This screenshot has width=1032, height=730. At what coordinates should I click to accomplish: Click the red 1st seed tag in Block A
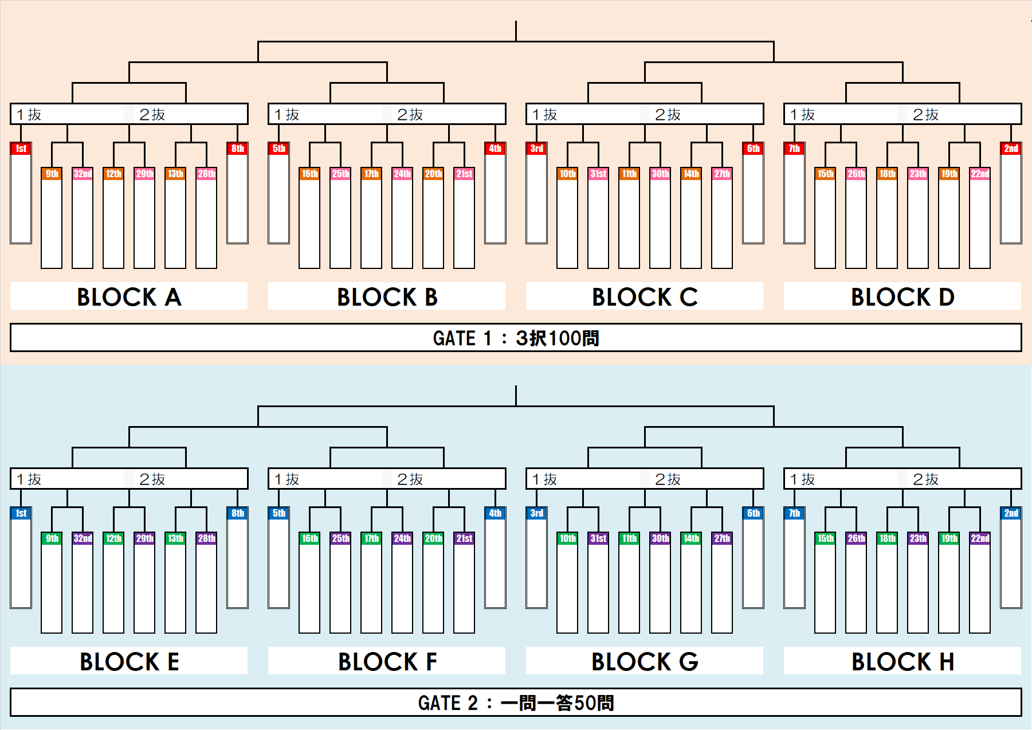[x=21, y=149]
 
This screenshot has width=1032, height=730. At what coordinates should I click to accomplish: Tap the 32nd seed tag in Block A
[x=83, y=174]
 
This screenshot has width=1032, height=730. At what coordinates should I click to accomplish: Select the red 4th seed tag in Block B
[x=495, y=149]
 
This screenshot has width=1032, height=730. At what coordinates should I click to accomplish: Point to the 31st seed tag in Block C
[x=598, y=174]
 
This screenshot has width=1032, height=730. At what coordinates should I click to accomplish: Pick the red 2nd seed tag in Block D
[x=1011, y=149]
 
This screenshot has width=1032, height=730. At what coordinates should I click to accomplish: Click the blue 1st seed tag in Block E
[x=21, y=513]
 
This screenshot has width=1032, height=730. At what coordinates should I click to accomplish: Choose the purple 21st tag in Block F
[x=464, y=538]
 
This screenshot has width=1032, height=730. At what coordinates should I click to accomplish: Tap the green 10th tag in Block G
[x=567, y=538]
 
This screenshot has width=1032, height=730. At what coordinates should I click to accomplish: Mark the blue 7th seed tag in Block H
[x=794, y=513]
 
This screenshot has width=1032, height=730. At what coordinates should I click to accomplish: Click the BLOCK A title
[x=129, y=297]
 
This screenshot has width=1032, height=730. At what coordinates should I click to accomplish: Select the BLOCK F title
[x=387, y=662]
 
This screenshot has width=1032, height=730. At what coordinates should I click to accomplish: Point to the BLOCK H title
[x=902, y=662]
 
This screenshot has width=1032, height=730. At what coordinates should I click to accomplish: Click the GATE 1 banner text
[x=516, y=338]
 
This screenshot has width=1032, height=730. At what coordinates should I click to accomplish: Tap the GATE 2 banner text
[x=516, y=702]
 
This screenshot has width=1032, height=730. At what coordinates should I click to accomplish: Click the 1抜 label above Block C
[x=544, y=115]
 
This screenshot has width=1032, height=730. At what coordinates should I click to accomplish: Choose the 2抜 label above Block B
[x=410, y=115]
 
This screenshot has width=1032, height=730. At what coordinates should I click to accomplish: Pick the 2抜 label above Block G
[x=668, y=479]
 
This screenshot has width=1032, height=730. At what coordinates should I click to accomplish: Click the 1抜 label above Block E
[x=29, y=479]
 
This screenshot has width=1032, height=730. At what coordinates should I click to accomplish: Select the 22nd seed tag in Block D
[x=980, y=174]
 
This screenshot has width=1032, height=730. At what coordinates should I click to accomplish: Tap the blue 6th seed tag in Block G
[x=753, y=513]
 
